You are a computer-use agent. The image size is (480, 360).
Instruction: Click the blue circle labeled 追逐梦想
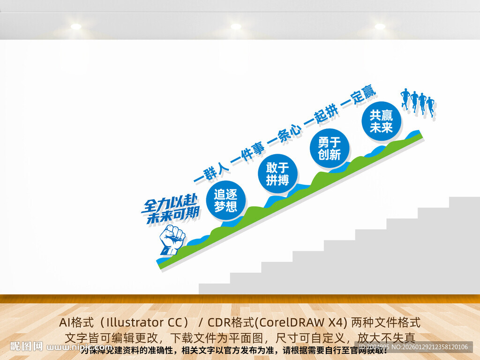[225, 201]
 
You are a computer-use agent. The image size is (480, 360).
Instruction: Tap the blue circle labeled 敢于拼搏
[278, 174]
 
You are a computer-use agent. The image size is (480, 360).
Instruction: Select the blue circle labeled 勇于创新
[330, 149]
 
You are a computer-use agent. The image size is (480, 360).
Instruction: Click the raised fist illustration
[172, 240]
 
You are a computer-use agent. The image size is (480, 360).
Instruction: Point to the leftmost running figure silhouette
[405, 99]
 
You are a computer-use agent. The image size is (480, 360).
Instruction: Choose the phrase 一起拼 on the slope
[321, 114]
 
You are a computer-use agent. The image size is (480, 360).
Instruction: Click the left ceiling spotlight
[76, 27]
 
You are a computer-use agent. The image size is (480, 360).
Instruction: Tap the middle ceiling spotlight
[236, 27]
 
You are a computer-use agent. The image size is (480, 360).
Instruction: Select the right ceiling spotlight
[380, 27]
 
